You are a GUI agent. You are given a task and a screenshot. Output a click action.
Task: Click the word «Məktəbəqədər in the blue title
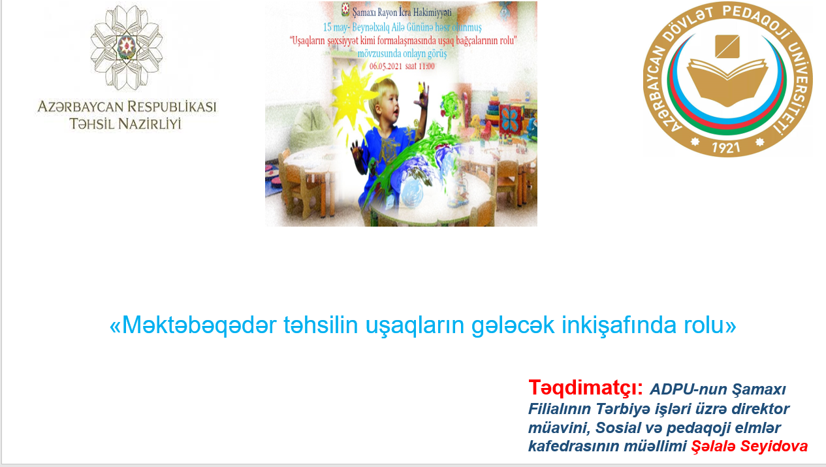[x=193, y=325]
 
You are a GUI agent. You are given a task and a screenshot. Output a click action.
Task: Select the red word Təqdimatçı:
[x=586, y=388]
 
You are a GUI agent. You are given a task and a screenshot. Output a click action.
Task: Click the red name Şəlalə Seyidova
[x=750, y=446]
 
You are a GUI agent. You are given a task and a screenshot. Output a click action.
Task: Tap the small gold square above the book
[x=727, y=46]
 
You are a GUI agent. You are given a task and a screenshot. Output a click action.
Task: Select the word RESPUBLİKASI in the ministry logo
[x=172, y=107]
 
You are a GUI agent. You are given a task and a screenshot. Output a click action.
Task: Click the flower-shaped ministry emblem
[x=127, y=48]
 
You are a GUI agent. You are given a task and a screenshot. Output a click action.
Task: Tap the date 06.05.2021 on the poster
[x=386, y=67]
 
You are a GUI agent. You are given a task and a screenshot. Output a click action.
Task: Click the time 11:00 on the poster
[x=426, y=67]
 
